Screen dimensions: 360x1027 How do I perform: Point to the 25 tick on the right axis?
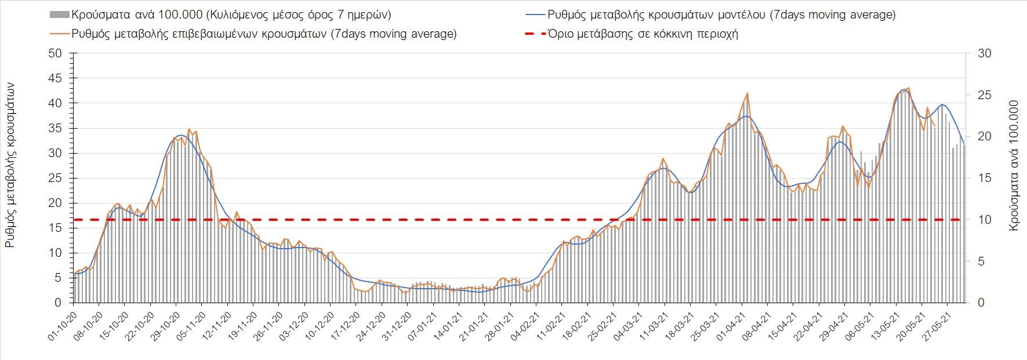[985, 95]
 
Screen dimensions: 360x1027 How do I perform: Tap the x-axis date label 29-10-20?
[166, 328]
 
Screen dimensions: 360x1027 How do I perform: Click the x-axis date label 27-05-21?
[935, 328]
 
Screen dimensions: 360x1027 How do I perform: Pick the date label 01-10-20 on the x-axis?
[63, 328]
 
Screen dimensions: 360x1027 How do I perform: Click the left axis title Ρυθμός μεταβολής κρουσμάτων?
[10, 165]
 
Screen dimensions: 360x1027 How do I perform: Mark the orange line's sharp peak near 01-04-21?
[747, 93]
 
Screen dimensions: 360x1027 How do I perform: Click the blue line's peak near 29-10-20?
[181, 135]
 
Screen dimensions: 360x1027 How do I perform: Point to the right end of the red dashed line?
[960, 220]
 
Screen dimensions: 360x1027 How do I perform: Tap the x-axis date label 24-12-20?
[371, 328]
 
